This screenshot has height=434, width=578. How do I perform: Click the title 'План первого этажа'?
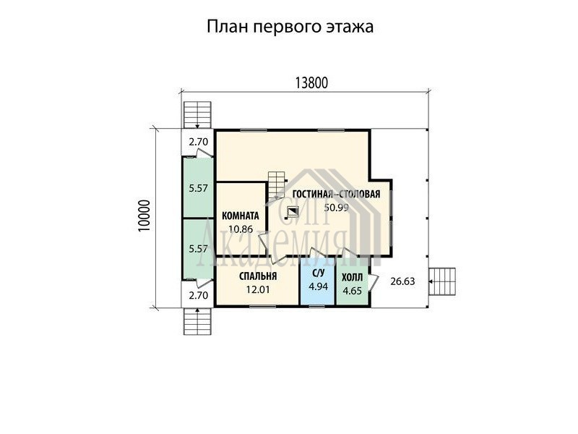[290, 27]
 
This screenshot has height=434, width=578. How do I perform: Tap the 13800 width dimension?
[311, 83]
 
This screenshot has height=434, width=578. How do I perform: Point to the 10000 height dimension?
[144, 216]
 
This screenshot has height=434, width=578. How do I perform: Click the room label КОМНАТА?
[241, 216]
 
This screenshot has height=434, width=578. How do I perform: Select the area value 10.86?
[241, 229]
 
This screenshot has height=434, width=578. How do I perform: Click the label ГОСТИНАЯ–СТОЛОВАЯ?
[336, 194]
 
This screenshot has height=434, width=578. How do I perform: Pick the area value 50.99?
[336, 208]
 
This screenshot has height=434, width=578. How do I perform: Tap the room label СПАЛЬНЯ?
[258, 276]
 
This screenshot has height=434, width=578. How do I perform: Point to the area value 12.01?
[258, 290]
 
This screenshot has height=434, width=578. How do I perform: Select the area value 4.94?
[318, 286]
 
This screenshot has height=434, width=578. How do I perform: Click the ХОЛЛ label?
[352, 278]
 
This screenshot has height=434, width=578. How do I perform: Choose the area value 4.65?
[352, 291]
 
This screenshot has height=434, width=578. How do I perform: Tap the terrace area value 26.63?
[402, 281]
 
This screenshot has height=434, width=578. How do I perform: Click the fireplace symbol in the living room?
[293, 211]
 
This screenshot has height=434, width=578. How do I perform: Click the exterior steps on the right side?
[443, 281]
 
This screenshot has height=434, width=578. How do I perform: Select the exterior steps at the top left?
[197, 115]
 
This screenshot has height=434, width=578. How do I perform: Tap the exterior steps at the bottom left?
[197, 321]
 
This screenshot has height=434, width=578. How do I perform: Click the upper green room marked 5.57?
[198, 188]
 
